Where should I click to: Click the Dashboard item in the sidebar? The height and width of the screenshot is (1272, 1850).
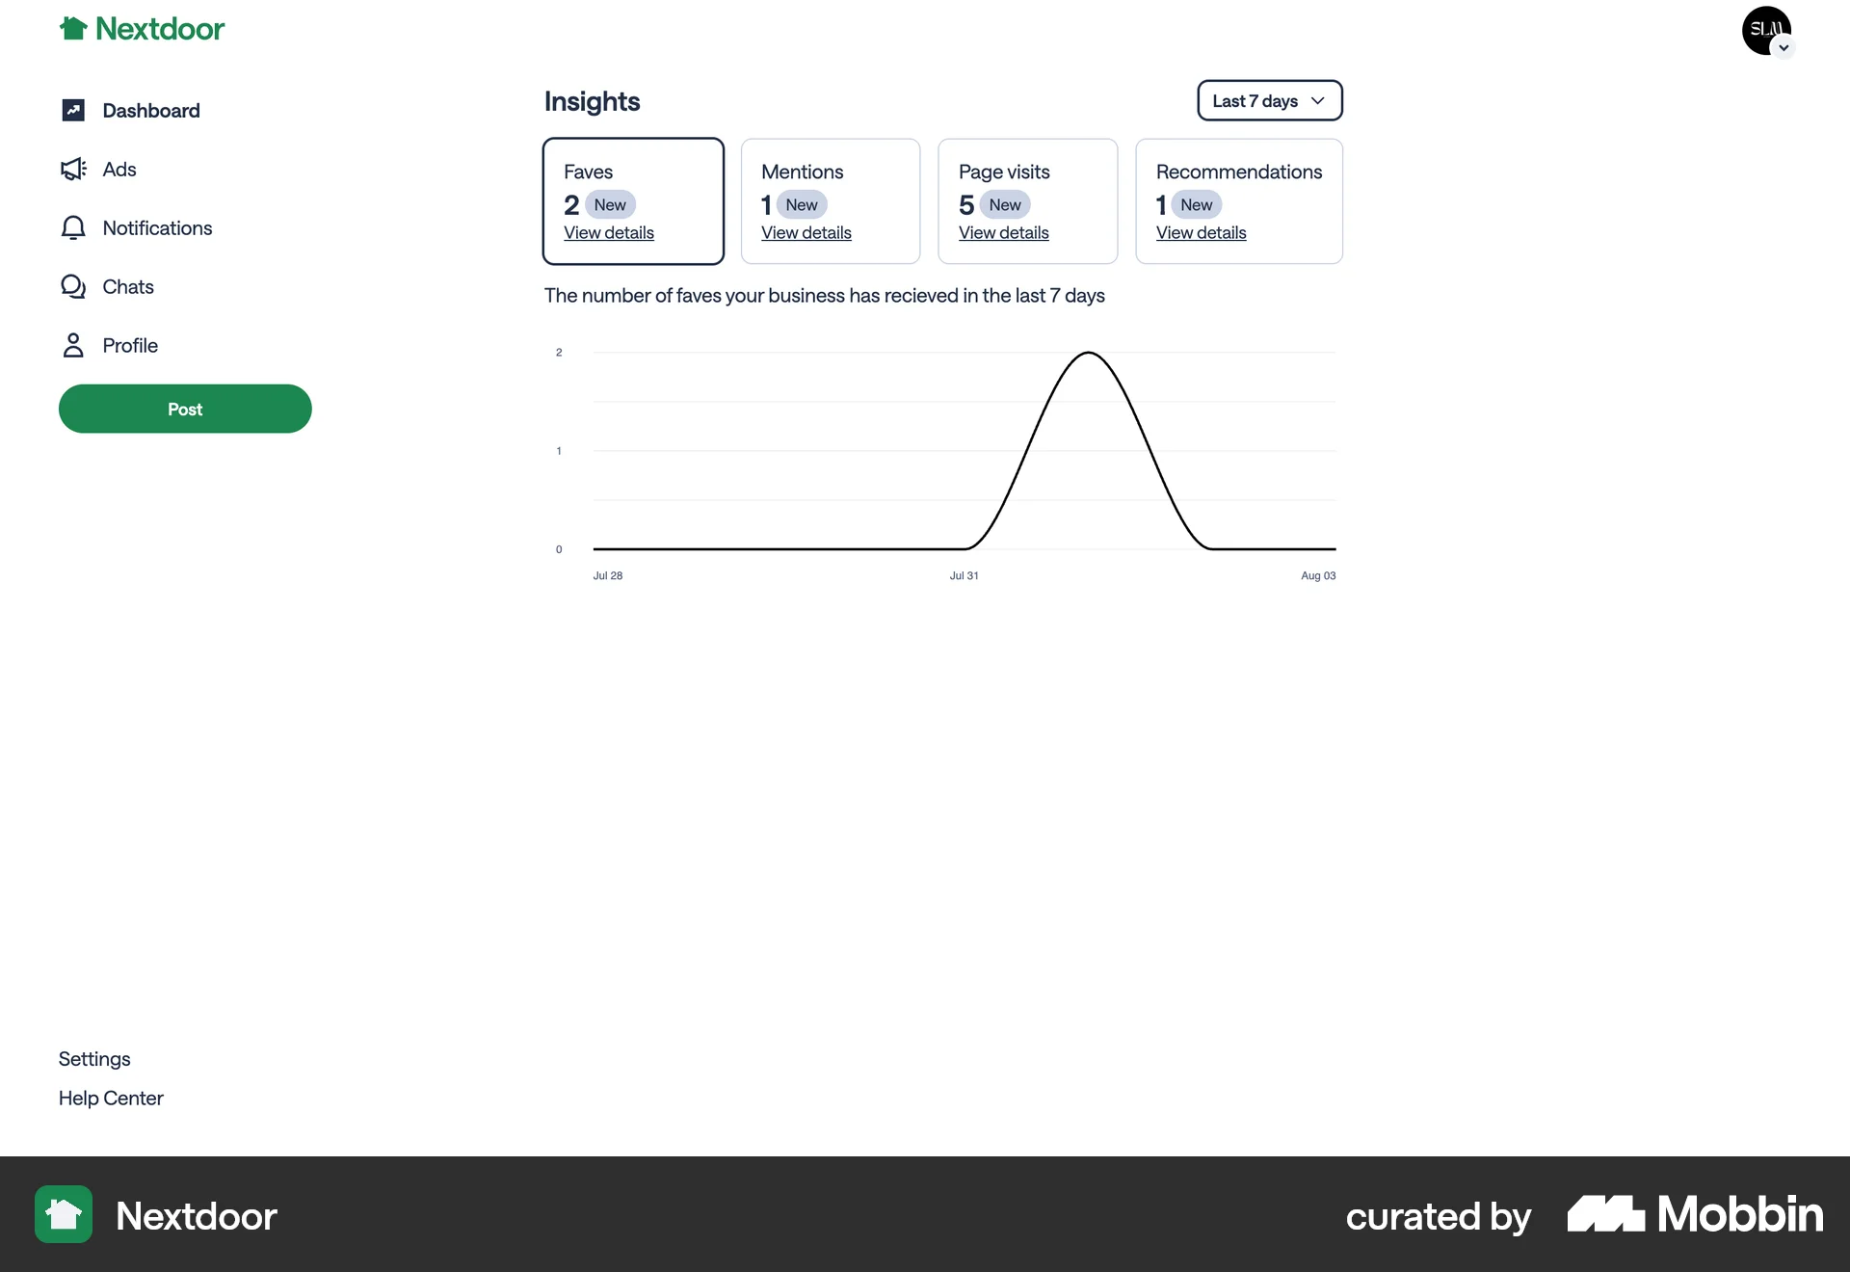coord(150,111)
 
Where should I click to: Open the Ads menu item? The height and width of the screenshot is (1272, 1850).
coord(119,170)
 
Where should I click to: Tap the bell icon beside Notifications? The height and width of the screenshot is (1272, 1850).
coord(73,228)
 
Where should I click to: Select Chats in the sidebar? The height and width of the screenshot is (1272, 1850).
coord(127,287)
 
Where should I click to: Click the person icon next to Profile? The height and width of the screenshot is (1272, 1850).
coord(73,346)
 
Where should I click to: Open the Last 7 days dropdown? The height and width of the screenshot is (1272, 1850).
coord(1269,101)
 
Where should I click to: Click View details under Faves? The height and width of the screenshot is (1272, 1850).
coord(609,233)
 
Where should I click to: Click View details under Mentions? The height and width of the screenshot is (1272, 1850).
coord(806,233)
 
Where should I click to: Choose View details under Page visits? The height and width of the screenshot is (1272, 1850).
coord(1004,233)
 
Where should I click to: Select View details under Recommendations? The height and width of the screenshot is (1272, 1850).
coord(1202,233)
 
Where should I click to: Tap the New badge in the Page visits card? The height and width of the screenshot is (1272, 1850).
coord(1005,205)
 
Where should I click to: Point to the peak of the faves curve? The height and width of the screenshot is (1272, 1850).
coord(1088,354)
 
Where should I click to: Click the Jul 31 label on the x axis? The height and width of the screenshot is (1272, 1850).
coord(964,576)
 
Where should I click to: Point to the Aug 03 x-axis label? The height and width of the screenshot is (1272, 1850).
coord(1318,576)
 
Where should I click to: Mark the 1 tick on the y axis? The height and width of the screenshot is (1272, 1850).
coord(559,451)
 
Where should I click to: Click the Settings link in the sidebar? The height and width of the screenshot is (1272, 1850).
coord(94,1059)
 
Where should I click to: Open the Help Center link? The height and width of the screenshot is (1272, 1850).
coord(111,1099)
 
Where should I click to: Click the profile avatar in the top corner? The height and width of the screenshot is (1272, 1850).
coord(1766,31)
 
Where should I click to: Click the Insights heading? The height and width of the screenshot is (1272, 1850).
coord(592,101)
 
